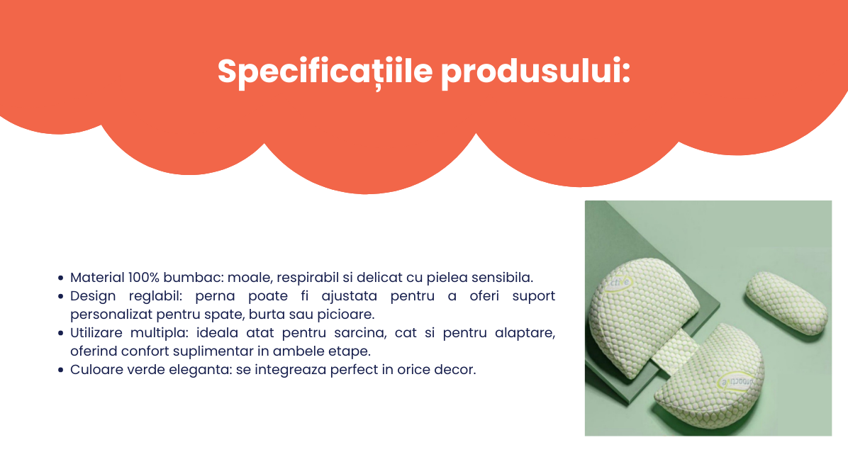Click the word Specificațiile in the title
[325, 72]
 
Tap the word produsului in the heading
[535, 72]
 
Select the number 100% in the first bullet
[144, 277]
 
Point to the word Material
[97, 277]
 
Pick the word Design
[93, 296]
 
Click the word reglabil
[156, 296]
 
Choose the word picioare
[345, 315]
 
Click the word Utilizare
[96, 333]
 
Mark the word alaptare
[525, 334]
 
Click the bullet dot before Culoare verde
[60, 371]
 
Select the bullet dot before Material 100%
[60, 278]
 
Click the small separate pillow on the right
[786, 302]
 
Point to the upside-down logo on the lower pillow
[736, 382]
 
